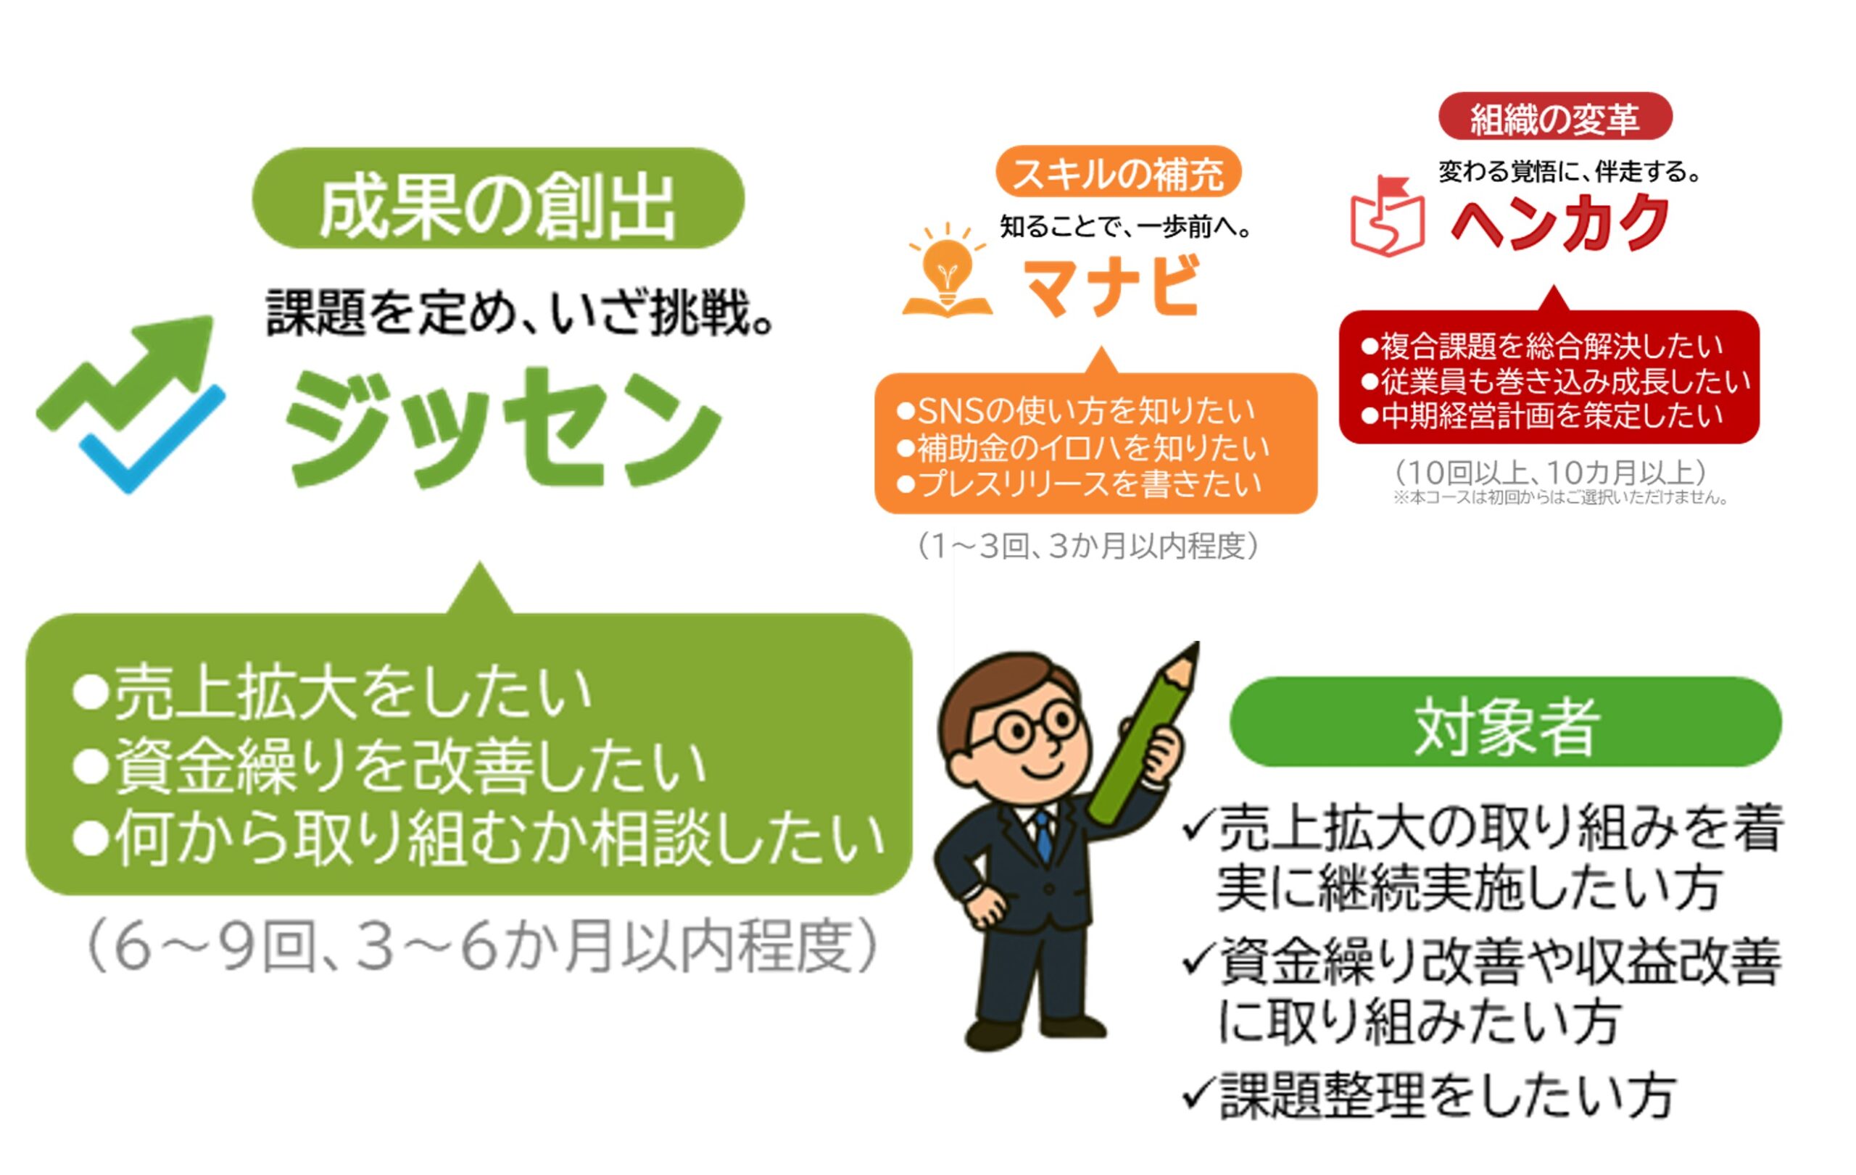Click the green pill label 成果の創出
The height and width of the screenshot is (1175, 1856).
coord(498,198)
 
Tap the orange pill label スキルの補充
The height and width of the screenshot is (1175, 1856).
coord(1118,171)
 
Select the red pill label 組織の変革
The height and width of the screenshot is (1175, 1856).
coord(1554,117)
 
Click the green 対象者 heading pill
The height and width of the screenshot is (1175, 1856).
coord(1505,721)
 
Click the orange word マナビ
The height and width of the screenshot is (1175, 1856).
coord(1112,286)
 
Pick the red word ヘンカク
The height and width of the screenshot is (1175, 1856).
coord(1560,221)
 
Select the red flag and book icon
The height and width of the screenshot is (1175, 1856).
coord(1387,217)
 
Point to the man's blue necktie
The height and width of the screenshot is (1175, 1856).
coord(1043,835)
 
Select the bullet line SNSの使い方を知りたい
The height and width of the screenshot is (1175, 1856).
coord(1077,412)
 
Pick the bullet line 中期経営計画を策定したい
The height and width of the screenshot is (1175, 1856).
coord(1541,416)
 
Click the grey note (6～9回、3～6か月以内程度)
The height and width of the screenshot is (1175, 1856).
coord(481,945)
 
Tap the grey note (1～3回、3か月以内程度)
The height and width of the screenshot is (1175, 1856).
coord(1088,546)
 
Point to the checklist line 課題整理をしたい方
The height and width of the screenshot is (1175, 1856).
coord(1429,1095)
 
